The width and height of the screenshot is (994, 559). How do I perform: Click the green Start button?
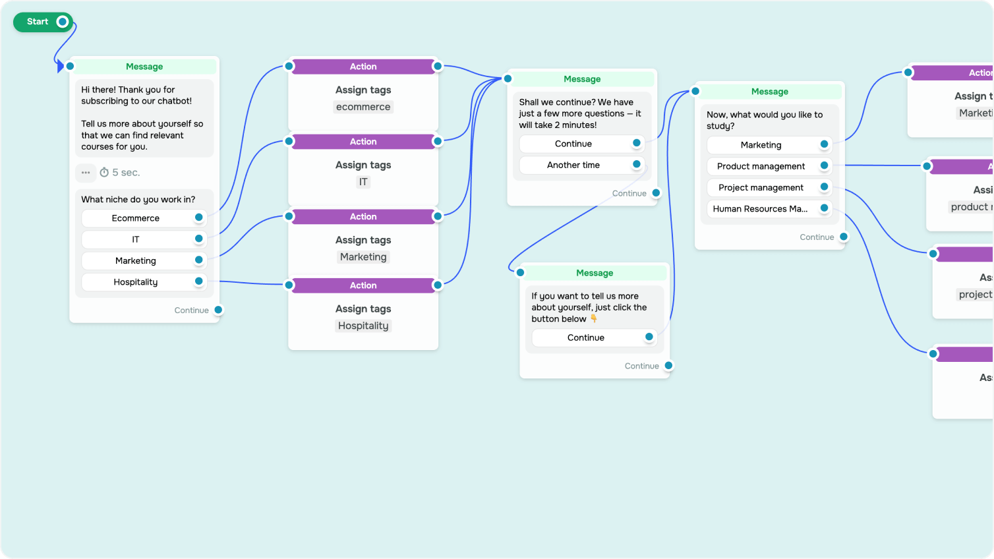[38, 22]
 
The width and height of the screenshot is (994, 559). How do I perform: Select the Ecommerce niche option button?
[136, 218]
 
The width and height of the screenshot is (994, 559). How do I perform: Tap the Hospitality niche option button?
[136, 282]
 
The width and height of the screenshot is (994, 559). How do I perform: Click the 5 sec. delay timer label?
[121, 173]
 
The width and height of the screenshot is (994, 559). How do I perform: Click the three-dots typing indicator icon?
[86, 173]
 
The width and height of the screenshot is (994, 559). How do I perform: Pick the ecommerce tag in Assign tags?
[363, 107]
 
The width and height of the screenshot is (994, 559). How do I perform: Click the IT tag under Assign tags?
[363, 182]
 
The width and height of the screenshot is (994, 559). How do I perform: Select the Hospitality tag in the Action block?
[363, 326]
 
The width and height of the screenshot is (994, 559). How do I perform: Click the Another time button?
[573, 165]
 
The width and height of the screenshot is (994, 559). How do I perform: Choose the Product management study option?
[761, 167]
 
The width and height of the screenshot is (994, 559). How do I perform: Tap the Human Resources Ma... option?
[760, 209]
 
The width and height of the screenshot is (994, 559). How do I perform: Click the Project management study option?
[761, 188]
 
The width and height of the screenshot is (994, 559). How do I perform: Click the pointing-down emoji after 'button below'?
[593, 319]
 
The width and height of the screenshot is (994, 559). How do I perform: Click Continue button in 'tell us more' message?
[586, 338]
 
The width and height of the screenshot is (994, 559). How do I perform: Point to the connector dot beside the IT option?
[198, 239]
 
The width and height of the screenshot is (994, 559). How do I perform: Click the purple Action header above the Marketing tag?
[363, 217]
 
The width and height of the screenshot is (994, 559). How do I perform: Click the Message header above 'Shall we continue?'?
[582, 79]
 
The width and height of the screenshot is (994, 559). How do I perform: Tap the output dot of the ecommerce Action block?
[438, 67]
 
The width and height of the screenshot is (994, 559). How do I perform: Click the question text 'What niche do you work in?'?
[138, 200]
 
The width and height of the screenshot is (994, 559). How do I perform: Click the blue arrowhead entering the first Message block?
[61, 66]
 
